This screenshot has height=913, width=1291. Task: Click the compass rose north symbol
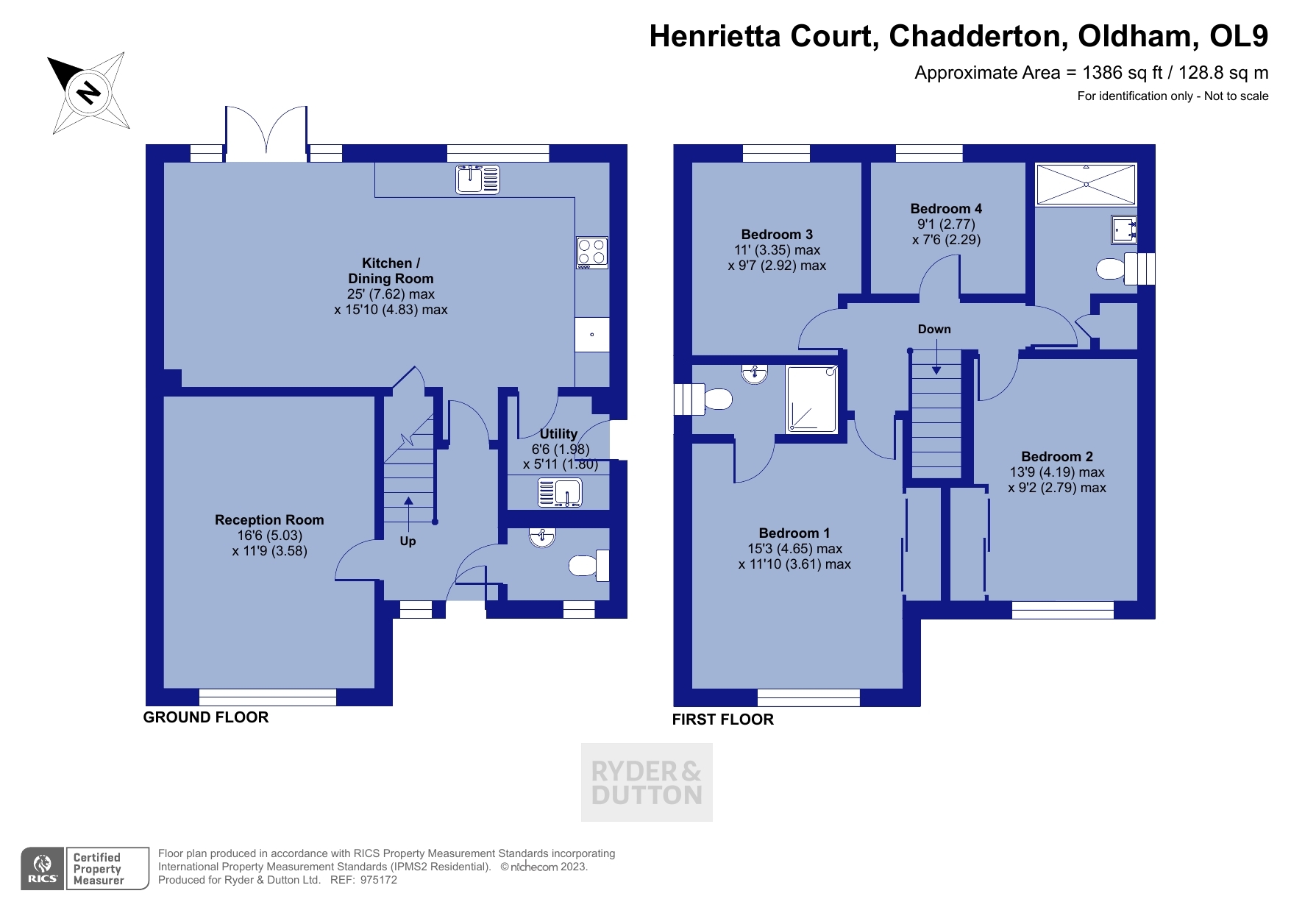(88, 93)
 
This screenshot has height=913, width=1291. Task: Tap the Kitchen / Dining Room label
(391, 271)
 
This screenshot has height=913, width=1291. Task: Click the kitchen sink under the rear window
(477, 179)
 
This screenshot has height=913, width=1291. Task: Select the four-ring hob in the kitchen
(591, 252)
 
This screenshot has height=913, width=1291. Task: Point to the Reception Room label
(269, 520)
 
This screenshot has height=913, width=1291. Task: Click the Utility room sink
(560, 492)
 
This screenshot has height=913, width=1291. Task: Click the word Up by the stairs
(408, 541)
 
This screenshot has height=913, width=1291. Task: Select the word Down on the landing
(934, 329)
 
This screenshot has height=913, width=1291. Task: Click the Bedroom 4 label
(946, 209)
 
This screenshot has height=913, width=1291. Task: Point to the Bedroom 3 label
(777, 235)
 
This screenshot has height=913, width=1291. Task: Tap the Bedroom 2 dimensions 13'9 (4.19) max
(1057, 472)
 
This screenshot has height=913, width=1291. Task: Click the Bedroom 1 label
(794, 533)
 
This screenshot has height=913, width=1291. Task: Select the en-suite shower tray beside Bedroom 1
(811, 399)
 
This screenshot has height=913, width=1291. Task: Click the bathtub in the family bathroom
(1086, 184)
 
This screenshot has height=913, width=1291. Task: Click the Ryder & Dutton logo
(647, 782)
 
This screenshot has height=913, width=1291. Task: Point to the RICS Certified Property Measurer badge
(85, 869)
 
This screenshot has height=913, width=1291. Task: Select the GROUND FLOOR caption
(206, 717)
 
